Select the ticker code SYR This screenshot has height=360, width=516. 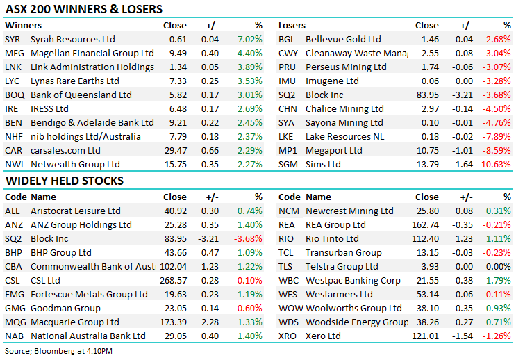point(13,40)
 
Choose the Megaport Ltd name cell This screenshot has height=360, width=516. point(334,151)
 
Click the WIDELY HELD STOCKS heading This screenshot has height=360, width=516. point(65,181)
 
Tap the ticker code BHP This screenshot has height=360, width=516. point(13,253)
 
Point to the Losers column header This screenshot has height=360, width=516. point(292,26)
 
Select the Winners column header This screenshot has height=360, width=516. point(23,26)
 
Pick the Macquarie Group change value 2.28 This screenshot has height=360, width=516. point(210,322)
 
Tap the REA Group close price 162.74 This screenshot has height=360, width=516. point(424,225)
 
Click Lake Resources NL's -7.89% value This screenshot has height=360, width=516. point(496,137)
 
